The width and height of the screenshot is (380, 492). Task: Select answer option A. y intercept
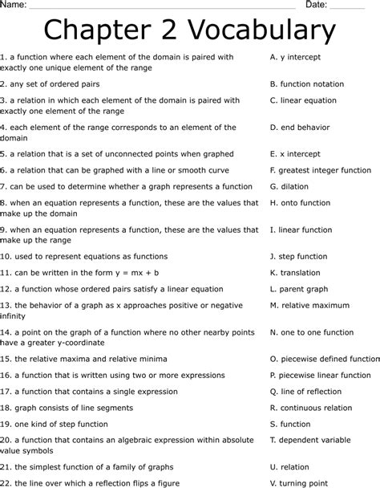(x=296, y=58)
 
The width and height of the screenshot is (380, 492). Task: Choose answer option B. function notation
(x=307, y=83)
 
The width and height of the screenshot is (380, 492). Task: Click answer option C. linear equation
(x=303, y=101)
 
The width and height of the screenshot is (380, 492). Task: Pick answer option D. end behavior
(x=299, y=127)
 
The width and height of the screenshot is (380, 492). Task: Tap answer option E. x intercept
(x=296, y=153)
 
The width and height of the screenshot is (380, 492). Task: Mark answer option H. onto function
(x=301, y=203)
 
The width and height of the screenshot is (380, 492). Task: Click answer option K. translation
(x=295, y=272)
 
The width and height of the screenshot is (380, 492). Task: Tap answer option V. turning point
(x=299, y=483)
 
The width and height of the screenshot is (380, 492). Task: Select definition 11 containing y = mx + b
(x=80, y=272)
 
